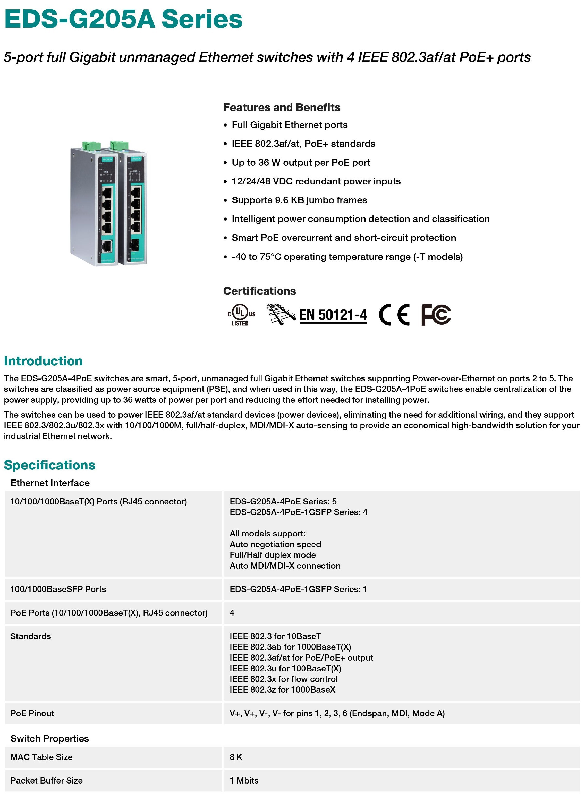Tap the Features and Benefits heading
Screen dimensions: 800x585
(282, 107)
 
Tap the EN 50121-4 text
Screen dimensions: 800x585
(333, 315)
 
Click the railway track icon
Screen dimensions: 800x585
(281, 314)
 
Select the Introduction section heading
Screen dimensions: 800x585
(43, 361)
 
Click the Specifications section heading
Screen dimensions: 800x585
(49, 465)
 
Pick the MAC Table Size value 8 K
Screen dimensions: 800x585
(236, 757)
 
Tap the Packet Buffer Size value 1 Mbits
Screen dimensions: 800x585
(244, 780)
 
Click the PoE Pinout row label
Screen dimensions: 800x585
(32, 713)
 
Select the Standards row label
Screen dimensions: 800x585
(30, 636)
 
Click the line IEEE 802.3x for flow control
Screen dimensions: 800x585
(283, 679)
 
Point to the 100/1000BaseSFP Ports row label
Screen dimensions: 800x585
(58, 589)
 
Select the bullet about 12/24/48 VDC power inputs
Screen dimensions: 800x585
(316, 181)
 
